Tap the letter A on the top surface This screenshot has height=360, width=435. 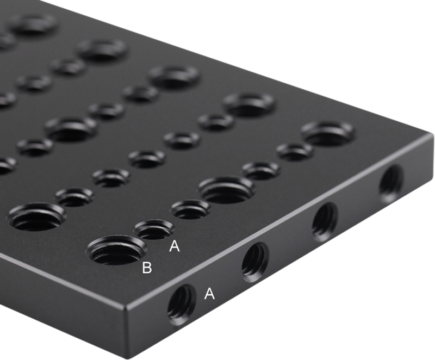(174, 246)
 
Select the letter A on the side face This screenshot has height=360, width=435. (209, 294)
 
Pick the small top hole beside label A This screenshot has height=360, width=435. (154, 229)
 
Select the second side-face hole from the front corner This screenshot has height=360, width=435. (255, 262)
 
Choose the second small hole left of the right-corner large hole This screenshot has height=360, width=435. (260, 170)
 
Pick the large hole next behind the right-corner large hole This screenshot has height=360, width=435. (248, 103)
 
